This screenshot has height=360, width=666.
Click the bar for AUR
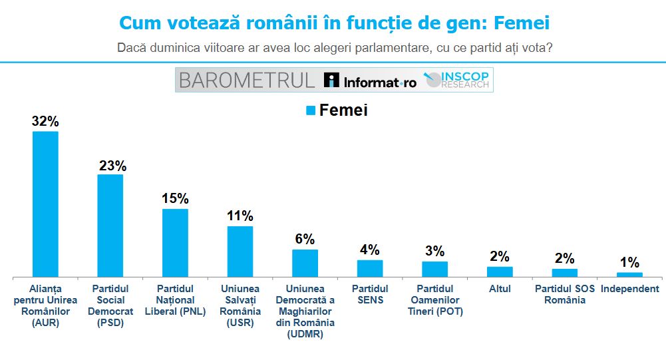click(46, 204)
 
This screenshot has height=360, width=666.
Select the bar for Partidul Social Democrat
click(110, 225)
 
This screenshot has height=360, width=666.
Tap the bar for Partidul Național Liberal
click(176, 242)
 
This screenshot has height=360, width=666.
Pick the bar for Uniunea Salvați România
click(240, 251)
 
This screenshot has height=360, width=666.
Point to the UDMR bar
click(305, 263)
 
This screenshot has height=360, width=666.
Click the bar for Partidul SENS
click(370, 268)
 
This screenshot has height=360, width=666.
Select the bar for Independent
click(629, 274)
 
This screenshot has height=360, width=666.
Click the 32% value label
click(46, 121)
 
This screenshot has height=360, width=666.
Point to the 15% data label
click(176, 199)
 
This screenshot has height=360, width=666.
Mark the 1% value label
click(629, 262)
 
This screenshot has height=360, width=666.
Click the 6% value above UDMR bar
click(305, 240)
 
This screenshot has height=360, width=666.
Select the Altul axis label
click(500, 289)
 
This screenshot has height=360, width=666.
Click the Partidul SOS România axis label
click(565, 294)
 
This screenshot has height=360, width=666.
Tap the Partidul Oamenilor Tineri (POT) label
click(435, 299)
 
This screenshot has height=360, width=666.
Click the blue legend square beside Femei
click(310, 111)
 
